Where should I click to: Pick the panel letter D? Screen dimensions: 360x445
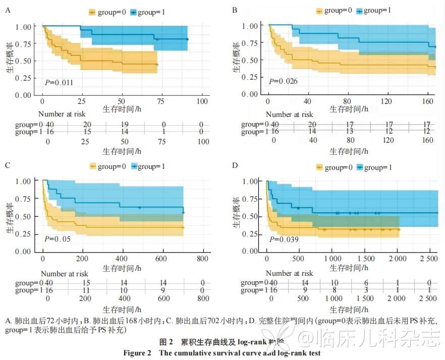pos(234,165)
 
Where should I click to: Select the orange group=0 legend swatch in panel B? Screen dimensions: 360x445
pos(319,11)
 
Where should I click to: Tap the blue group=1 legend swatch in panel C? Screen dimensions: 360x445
pos(134,166)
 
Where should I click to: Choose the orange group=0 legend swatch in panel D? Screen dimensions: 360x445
pos(319,167)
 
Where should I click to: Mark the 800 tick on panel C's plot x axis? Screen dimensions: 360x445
pos(203,259)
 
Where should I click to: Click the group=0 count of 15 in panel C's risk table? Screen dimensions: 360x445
pos(86,282)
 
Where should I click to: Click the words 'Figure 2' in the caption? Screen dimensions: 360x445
pos(138,353)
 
